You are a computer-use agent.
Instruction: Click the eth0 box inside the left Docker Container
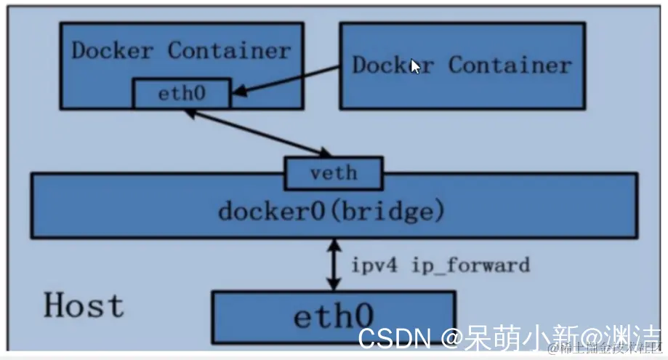tap(180, 94)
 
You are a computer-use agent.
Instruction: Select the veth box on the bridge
tap(333, 173)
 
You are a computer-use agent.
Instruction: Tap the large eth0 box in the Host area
tap(333, 317)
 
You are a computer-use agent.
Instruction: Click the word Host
tap(84, 305)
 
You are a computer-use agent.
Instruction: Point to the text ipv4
tap(377, 265)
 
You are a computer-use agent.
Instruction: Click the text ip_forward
tap(470, 265)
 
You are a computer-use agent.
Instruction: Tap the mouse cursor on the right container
tap(415, 66)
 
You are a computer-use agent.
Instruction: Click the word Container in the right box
tap(510, 65)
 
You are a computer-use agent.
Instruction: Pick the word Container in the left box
tap(229, 51)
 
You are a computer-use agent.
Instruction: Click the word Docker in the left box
tap(113, 51)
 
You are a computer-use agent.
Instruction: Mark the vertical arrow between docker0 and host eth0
tap(333, 265)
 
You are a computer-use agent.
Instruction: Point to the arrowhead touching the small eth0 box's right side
tap(238, 92)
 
